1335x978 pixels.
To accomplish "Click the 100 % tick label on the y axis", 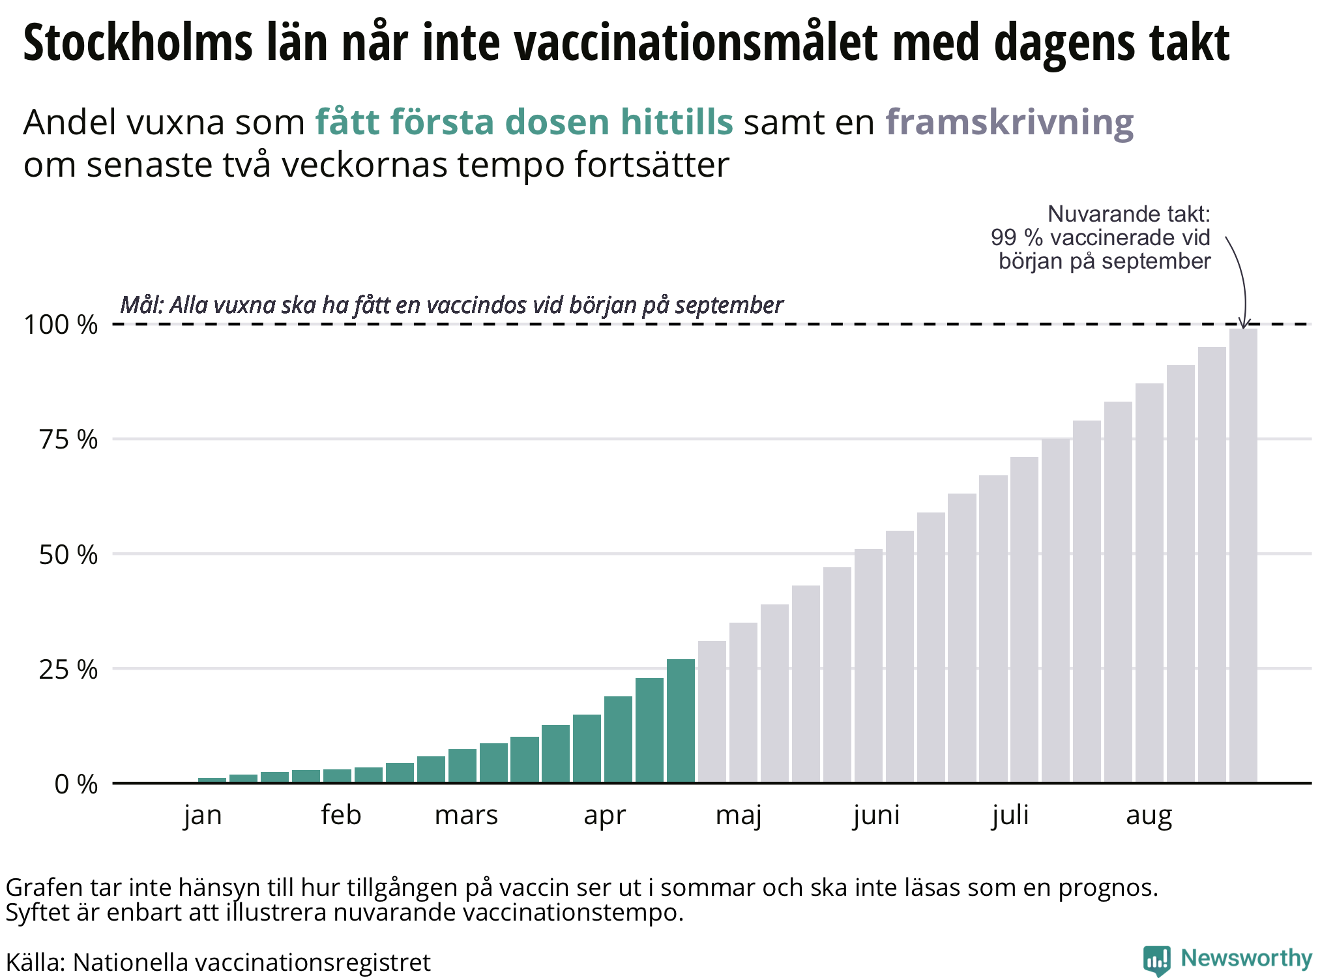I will click(x=60, y=325).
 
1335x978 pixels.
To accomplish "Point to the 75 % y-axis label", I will click(x=68, y=440).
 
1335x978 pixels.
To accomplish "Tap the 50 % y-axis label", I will click(x=68, y=555).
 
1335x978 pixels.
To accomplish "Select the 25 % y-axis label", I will click(x=68, y=670).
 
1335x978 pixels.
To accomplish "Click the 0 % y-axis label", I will click(x=76, y=784).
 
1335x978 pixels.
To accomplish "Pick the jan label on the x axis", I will click(x=203, y=815).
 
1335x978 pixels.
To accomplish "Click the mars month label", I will click(x=466, y=815).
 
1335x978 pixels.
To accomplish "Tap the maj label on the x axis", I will click(x=739, y=815).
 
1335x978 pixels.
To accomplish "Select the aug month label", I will click(x=1149, y=815).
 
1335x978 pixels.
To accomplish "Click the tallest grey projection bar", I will click(x=1243, y=554).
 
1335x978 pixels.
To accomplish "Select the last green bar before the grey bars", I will click(x=681, y=720).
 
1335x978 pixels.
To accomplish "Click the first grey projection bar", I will click(x=712, y=711).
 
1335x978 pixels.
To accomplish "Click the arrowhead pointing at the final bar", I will click(x=1244, y=323).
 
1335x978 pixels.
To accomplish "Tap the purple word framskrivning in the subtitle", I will click(x=1009, y=122).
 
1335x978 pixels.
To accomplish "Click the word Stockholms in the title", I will click(x=138, y=42).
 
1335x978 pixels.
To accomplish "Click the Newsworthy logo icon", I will click(x=1157, y=960).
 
